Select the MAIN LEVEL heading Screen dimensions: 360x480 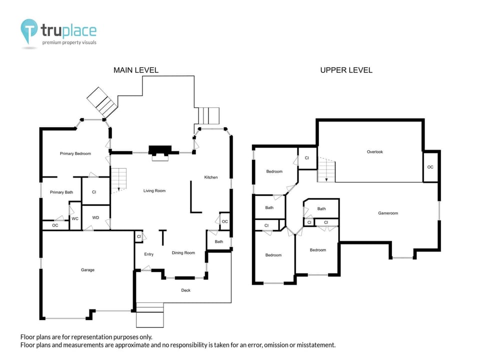pos(135,70)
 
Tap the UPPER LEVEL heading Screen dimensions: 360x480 pos(346,70)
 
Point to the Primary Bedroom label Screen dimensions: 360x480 pos(75,153)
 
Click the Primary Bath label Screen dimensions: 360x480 pos(61,192)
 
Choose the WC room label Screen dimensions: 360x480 pos(75,218)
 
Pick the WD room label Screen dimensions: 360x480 pos(95,217)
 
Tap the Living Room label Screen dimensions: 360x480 pos(154,190)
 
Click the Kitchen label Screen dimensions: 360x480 pos(210,177)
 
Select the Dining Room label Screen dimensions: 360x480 pos(183,252)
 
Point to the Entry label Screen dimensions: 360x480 pos(148,254)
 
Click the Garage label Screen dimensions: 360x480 pos(87,270)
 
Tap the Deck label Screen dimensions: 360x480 pos(185,290)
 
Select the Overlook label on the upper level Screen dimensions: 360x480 pos(374,151)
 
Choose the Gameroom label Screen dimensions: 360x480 pos(387,213)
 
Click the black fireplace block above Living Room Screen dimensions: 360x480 pos(160,150)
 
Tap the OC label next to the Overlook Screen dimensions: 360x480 pos(430,166)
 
